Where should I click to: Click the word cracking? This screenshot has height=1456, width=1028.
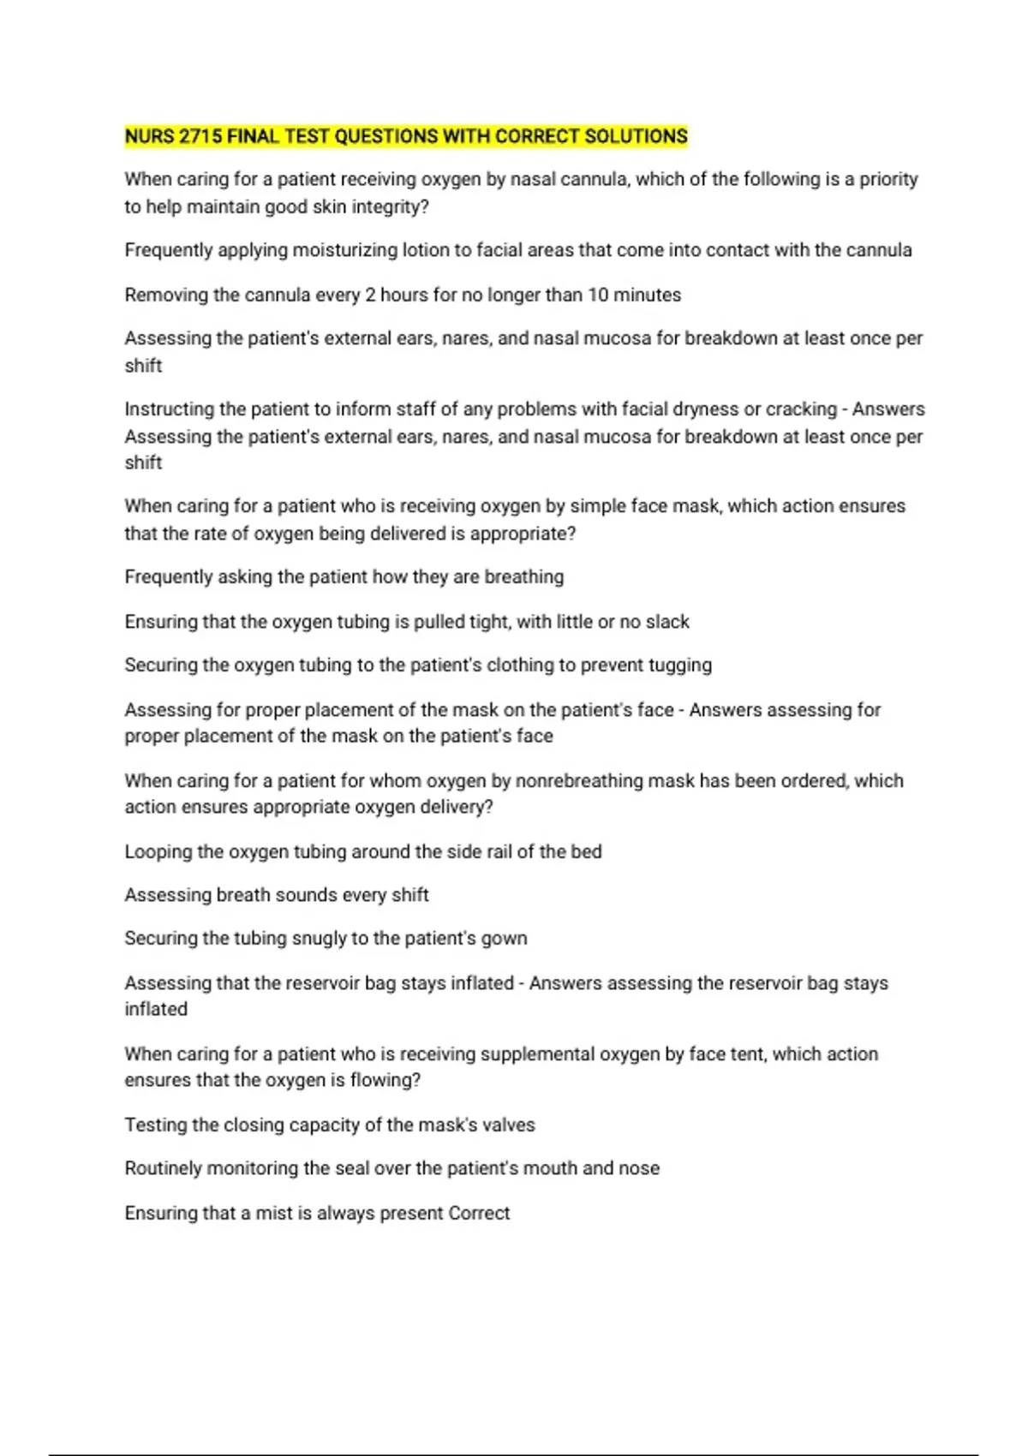(801, 409)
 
